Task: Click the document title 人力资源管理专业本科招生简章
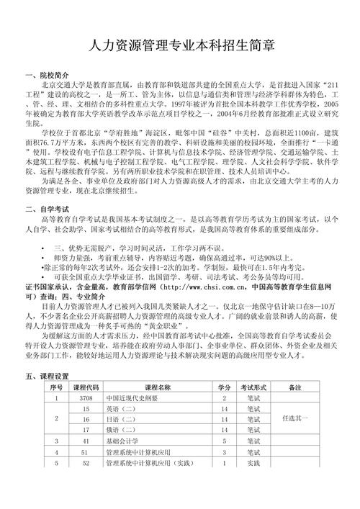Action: pyautogui.click(x=180, y=46)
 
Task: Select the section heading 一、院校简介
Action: pyautogui.click(x=47, y=75)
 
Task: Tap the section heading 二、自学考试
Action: pyautogui.click(x=47, y=209)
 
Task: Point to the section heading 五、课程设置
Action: pyautogui.click(x=47, y=375)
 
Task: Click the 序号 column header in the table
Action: pyautogui.click(x=56, y=387)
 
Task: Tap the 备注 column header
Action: pyautogui.click(x=294, y=387)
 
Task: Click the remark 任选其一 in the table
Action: pyautogui.click(x=294, y=418)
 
